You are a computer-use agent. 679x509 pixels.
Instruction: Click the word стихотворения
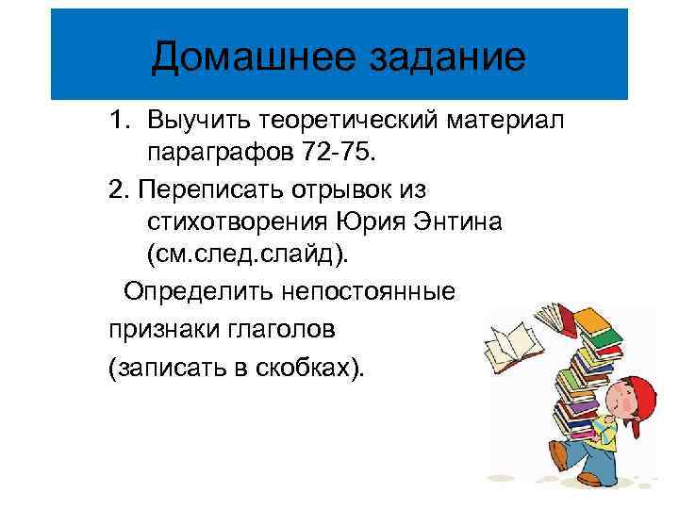pos(236,222)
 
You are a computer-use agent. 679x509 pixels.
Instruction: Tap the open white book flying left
pos(508,343)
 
